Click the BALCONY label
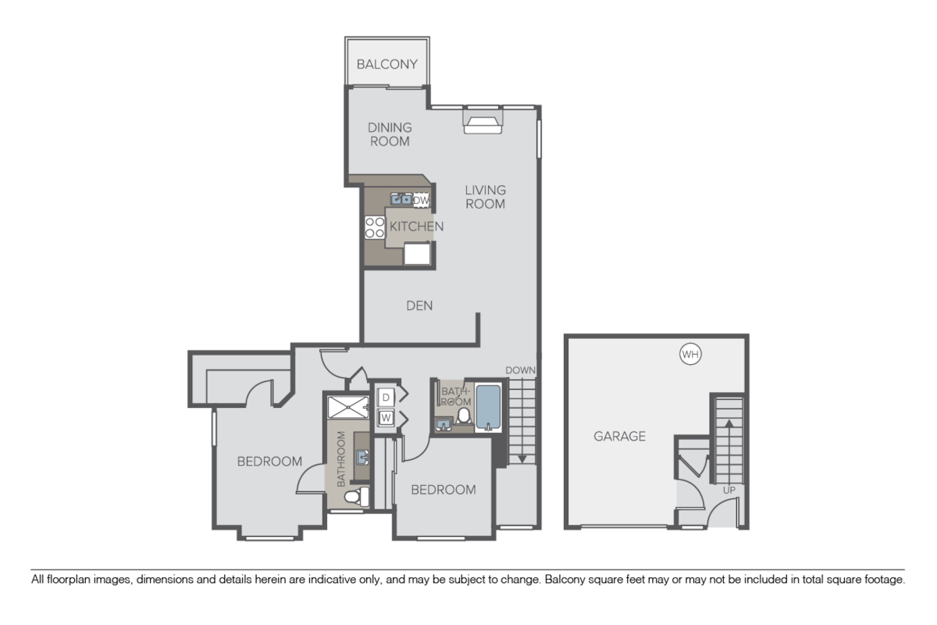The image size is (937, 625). [387, 64]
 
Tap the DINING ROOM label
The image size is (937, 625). [390, 134]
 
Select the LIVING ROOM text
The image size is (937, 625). [485, 197]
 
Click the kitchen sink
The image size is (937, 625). [403, 199]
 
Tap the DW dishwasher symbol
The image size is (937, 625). [421, 201]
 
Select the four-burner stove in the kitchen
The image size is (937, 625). [375, 227]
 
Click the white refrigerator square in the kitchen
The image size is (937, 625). [417, 254]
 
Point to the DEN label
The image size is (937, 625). [419, 305]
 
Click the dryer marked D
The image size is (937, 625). [386, 398]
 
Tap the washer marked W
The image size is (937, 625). [386, 418]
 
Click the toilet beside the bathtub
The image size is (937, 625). [463, 416]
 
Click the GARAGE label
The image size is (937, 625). [619, 436]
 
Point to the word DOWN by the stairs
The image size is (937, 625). [520, 370]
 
